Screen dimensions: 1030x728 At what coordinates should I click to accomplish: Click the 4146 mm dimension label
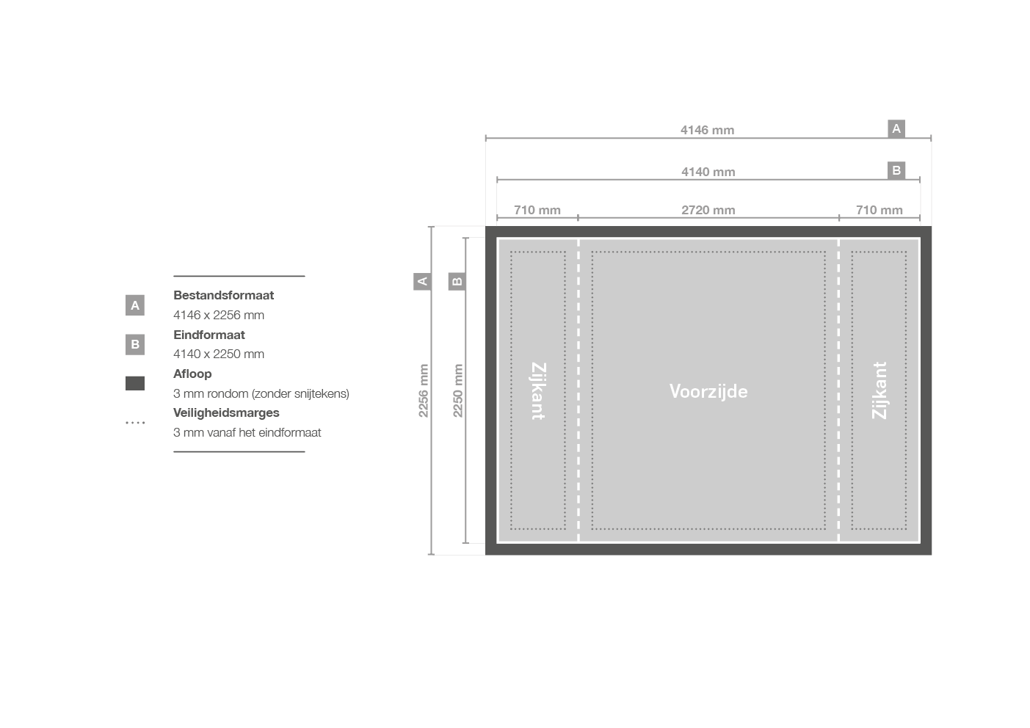[x=707, y=130]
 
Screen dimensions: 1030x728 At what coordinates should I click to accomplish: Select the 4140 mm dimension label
[x=708, y=172]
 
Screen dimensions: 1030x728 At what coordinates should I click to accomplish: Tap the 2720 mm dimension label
[x=708, y=210]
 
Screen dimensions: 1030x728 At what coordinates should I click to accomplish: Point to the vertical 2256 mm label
[x=423, y=390]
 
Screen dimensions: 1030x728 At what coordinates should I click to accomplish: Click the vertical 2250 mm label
[x=457, y=390]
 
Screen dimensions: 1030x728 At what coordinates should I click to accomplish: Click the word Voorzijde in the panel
[x=708, y=391]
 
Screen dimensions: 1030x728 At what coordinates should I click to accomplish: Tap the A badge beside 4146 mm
[x=896, y=128]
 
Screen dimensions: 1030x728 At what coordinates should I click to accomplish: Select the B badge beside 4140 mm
[x=896, y=170]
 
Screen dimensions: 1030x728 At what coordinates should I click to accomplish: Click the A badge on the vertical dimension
[x=422, y=281]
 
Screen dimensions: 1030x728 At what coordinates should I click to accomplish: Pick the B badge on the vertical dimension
[x=457, y=281]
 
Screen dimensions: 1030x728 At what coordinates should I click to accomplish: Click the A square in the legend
[x=135, y=305]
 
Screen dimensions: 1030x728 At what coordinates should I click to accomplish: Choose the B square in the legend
[x=135, y=344]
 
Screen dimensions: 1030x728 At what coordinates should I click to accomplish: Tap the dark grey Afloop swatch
[x=135, y=383]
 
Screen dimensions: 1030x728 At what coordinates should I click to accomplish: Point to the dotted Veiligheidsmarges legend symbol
[x=135, y=423]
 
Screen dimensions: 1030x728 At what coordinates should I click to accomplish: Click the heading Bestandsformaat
[x=223, y=295]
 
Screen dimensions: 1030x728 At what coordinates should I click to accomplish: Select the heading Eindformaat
[x=209, y=335]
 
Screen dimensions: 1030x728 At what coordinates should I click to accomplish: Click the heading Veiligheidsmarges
[x=226, y=412]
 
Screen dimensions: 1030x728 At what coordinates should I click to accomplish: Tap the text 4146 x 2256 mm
[x=219, y=315]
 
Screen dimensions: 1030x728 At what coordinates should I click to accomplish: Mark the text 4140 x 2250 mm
[x=219, y=354]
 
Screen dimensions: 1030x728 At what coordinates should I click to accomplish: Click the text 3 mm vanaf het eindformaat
[x=247, y=432]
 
